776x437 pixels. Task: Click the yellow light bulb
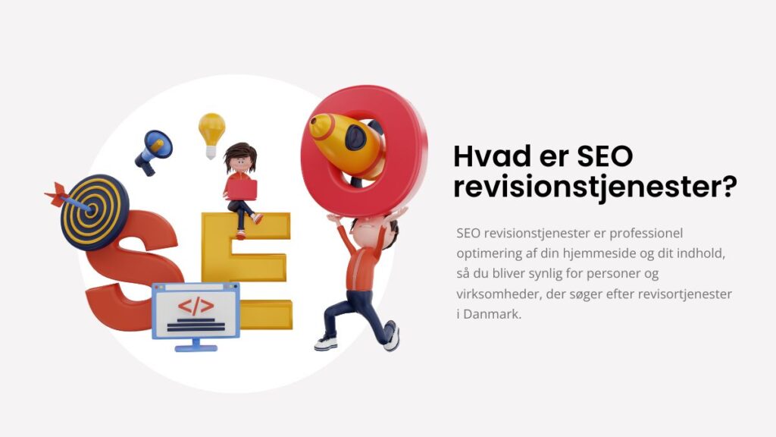coord(212,134)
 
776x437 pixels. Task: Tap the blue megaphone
coord(153,151)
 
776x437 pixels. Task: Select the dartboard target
coord(95,212)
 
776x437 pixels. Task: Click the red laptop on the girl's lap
coord(242,189)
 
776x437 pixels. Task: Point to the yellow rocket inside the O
coord(346,143)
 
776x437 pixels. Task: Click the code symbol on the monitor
coord(196,307)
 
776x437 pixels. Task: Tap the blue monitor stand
coord(196,345)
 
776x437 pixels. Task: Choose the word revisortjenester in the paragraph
coord(684,294)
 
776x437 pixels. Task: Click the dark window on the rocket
coord(356,137)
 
